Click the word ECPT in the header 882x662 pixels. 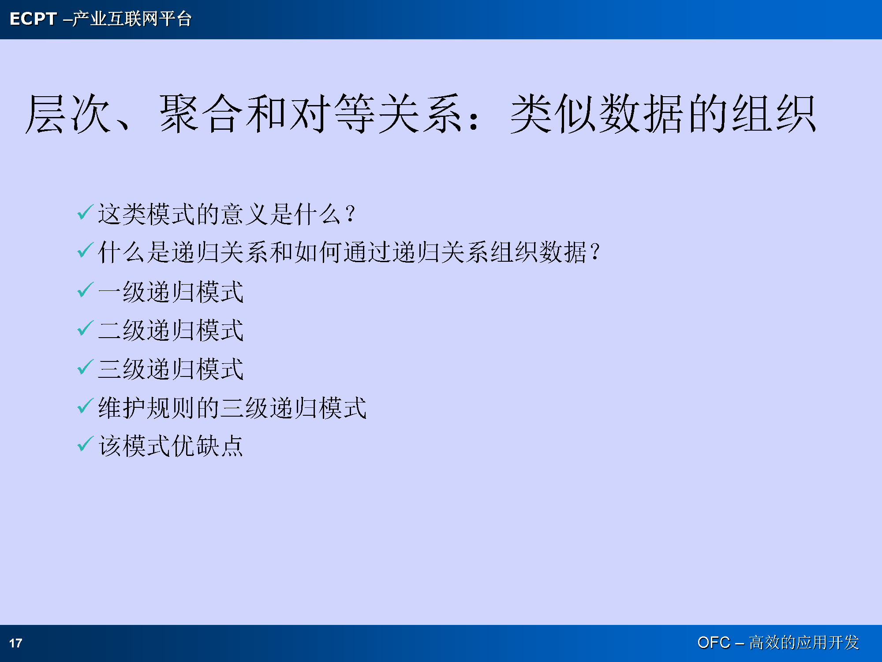tap(33, 19)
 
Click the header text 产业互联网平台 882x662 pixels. tap(132, 19)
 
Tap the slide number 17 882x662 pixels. tap(16, 643)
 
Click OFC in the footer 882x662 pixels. tap(714, 642)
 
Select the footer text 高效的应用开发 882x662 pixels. tap(804, 642)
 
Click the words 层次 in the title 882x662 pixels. tap(68, 114)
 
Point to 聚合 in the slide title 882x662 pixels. tap(201, 114)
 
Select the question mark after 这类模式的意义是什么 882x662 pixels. tap(351, 214)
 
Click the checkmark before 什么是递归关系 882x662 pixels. tap(85, 250)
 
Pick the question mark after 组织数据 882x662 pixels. tap(595, 252)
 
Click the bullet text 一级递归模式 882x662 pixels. tap(171, 292)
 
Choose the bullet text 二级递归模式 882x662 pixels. tap(171, 330)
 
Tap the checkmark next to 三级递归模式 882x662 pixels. tap(85, 367)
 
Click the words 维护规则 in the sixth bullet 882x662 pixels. tap(146, 407)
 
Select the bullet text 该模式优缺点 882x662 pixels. tap(171, 446)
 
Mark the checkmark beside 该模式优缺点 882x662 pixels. tap(85, 444)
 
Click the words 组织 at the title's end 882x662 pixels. tap(774, 114)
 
